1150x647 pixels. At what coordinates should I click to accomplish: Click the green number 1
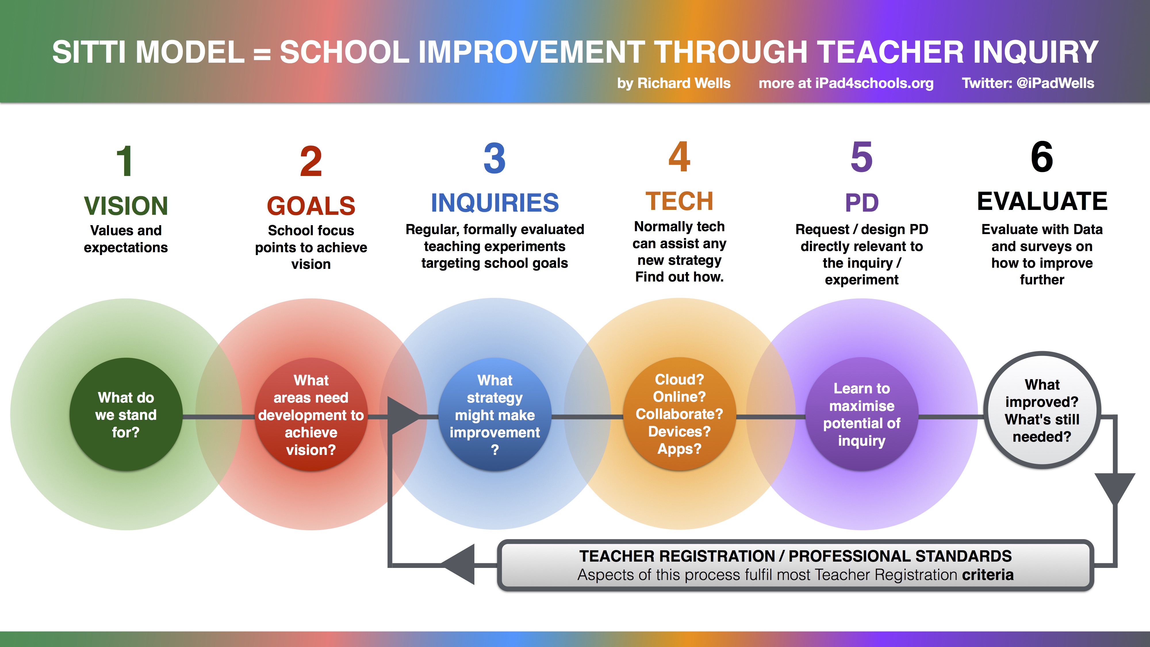(x=124, y=161)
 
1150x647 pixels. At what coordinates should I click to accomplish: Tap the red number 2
(x=311, y=161)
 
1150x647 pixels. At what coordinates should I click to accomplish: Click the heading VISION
(x=126, y=206)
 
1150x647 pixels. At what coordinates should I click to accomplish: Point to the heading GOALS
(x=311, y=206)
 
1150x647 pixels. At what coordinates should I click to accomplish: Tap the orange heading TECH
(x=679, y=201)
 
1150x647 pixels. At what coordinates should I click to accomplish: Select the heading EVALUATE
(x=1042, y=201)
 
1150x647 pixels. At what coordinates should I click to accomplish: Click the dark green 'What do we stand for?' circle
(x=126, y=414)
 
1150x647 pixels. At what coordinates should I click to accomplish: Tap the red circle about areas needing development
(x=311, y=414)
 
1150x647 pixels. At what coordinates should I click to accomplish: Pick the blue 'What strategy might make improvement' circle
(x=494, y=414)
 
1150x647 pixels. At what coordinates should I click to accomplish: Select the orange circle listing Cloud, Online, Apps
(x=679, y=414)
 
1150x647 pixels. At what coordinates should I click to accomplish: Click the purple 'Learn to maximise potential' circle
(x=862, y=414)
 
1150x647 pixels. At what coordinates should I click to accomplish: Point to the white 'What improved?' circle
(x=1042, y=410)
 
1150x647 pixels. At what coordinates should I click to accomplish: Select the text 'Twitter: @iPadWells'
(x=1028, y=83)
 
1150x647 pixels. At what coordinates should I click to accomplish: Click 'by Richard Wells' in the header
(x=674, y=83)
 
